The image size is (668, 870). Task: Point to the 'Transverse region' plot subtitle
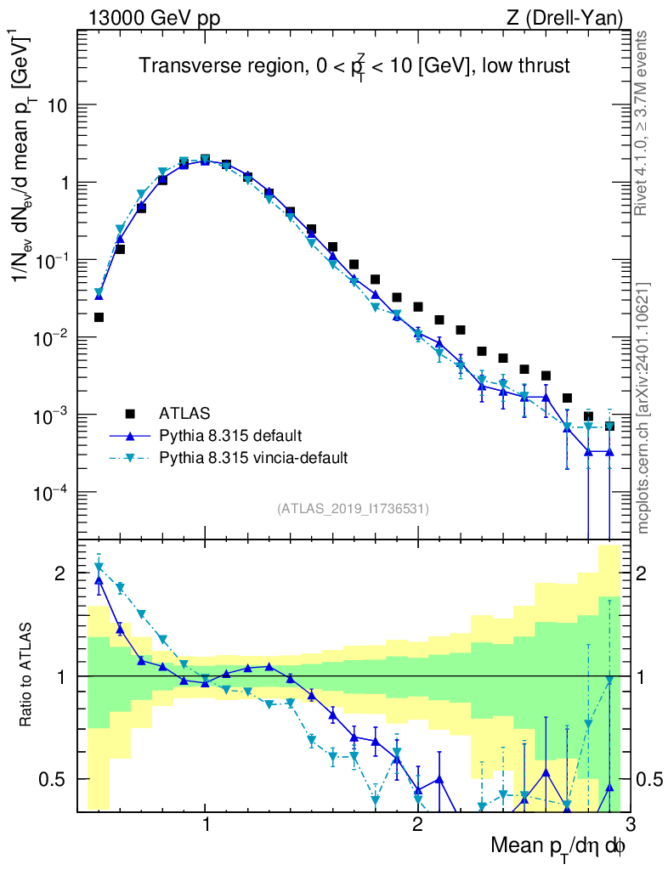[x=354, y=65]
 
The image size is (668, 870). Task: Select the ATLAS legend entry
[x=184, y=414]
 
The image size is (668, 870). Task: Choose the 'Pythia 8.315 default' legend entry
[x=229, y=436]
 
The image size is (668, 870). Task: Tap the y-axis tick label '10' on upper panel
[x=57, y=105]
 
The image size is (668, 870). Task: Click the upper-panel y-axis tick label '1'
[x=63, y=183]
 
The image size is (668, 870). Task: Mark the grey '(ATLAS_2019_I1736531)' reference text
[x=353, y=509]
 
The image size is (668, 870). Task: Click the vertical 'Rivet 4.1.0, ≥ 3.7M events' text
[x=643, y=123]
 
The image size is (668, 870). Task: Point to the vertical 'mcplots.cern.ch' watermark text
[x=643, y=408]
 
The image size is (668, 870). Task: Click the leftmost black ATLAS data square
[x=99, y=317]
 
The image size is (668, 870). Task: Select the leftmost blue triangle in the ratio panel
[x=99, y=581]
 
